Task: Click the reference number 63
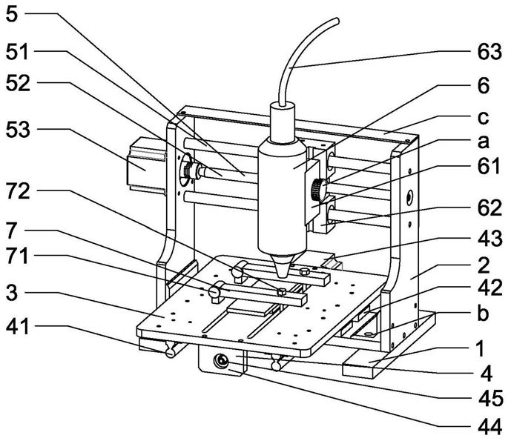coord(489,52)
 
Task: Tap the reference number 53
coord(18,130)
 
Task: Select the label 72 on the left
coord(18,191)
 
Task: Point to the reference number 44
coord(489,427)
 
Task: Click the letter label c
coord(484,117)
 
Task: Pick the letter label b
coord(484,313)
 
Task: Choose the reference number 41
coord(18,326)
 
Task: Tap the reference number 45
coord(490,398)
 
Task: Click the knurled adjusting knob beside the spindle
coord(317,190)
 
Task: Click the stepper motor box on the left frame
coord(147,166)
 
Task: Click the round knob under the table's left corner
coord(171,352)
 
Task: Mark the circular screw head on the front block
coord(220,361)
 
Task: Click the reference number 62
coord(489,208)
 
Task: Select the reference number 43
coord(489,238)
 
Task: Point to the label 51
coord(18,52)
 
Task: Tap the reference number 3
coord(12,293)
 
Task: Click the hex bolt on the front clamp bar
coord(282,291)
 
